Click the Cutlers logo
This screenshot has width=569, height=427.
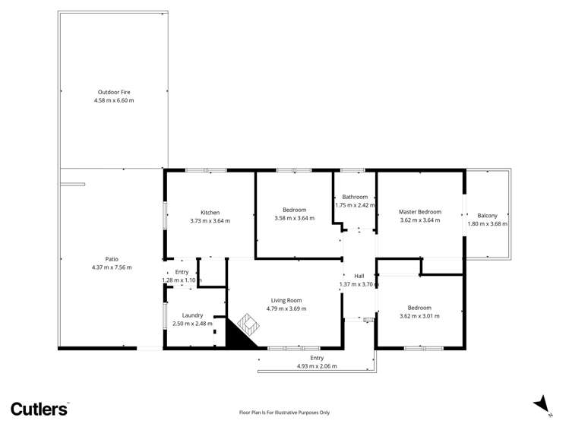tap(39, 409)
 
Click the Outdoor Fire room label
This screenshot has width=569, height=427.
tap(112, 92)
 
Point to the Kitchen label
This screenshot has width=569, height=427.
tap(210, 212)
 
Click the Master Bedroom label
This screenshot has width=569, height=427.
tap(420, 212)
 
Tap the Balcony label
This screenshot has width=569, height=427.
tap(487, 215)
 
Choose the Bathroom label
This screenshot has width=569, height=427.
tap(354, 197)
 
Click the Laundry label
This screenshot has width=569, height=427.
tap(192, 315)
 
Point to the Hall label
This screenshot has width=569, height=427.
tap(359, 276)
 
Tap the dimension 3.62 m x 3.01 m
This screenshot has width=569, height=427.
tap(419, 316)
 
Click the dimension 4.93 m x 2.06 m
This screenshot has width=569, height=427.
tap(317, 366)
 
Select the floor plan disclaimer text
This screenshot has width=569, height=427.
tap(284, 413)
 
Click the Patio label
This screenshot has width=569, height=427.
tap(112, 258)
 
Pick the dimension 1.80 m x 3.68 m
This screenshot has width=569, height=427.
tap(487, 224)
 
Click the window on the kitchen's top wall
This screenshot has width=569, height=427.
tap(206, 170)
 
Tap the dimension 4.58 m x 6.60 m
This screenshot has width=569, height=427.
tap(112, 100)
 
